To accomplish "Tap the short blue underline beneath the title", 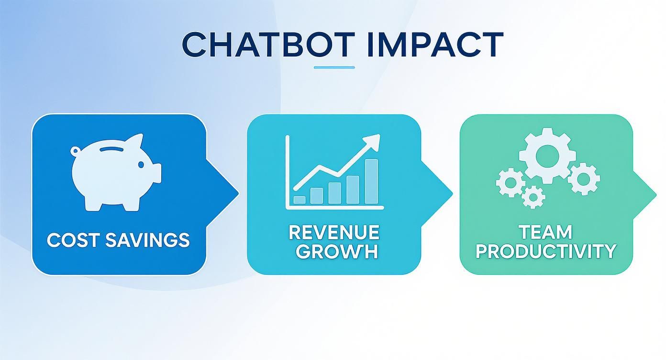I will coord(334,67).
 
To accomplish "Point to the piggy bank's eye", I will coord(141,165).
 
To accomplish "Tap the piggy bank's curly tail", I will coord(75,151).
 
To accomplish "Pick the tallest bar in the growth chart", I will coord(371,181).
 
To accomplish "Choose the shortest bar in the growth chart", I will coord(300,200).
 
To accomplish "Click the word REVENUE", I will coord(334,233).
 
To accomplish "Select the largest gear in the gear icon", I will coord(544,155).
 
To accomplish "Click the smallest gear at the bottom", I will coord(533,196).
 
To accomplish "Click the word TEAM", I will coord(545,233).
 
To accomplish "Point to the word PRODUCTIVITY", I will coord(545,251).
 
